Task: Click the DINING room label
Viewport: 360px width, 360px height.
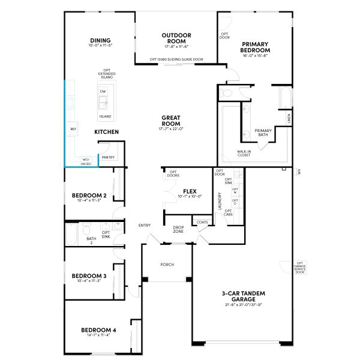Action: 100,41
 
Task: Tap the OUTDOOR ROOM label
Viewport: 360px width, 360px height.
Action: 176,38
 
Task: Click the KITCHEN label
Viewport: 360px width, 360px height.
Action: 106,131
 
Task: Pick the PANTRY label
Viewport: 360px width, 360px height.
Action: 108,157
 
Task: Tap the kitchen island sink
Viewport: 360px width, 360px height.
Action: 103,100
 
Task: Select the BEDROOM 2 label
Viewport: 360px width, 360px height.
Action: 89,196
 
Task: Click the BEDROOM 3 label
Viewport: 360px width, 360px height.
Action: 89,276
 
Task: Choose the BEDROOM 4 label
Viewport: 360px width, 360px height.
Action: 98,329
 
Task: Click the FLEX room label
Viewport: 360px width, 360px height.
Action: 190,191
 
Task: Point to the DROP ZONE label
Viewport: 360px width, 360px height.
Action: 178,229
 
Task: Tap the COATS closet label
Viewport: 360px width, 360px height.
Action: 201,223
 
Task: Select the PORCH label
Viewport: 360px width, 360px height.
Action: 167,265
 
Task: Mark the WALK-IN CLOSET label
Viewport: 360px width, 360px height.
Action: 244,154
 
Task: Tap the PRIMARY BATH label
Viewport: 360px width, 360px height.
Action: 263,133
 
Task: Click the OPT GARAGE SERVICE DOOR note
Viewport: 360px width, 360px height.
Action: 300,267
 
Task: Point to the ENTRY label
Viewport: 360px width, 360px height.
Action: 145,225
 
